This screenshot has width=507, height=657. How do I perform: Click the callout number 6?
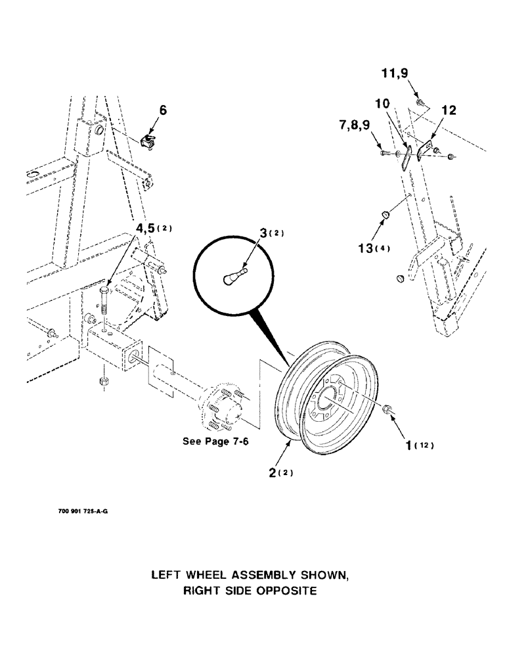coord(163,111)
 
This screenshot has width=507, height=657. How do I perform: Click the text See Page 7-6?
coord(215,442)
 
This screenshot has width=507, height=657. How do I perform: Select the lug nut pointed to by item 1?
coord(387,411)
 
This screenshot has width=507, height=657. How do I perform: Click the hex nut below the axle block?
coord(103,381)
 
